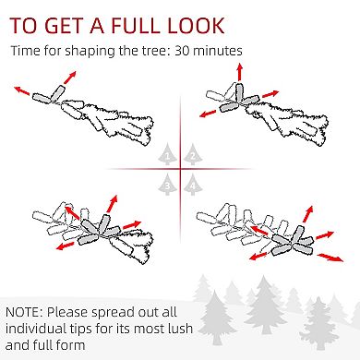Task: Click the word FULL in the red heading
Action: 137,25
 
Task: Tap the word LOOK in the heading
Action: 196,25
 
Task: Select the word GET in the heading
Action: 65,25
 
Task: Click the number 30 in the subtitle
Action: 182,51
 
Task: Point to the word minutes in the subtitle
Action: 218,51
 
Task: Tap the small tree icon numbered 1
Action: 167,154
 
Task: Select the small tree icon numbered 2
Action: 193,154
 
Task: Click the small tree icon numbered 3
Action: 167,185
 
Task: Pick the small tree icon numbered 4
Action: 193,185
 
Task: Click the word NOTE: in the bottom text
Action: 24,312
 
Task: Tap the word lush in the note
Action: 179,328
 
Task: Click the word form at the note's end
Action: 71,345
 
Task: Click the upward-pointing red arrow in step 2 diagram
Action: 240,72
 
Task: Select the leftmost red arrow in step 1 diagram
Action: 22,90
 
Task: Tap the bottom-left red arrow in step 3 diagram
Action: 66,246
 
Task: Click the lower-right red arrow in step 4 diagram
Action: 330,258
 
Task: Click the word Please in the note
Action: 67,312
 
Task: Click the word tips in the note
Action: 80,329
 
